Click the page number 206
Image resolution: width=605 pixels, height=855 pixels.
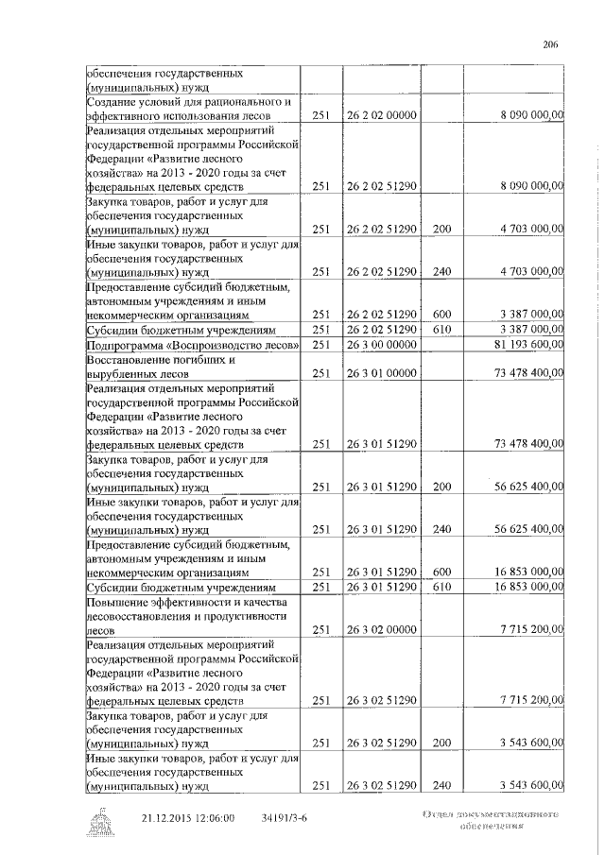pyautogui.click(x=553, y=43)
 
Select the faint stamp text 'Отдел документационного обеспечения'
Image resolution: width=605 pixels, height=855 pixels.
pyautogui.click(x=487, y=819)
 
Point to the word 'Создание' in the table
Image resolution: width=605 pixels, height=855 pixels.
pyautogui.click(x=112, y=100)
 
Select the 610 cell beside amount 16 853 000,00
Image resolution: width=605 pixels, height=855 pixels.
pyautogui.click(x=441, y=586)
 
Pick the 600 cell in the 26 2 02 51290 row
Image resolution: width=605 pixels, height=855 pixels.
pyautogui.click(x=441, y=314)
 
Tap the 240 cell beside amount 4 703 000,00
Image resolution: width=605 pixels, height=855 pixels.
pyautogui.click(x=441, y=271)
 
